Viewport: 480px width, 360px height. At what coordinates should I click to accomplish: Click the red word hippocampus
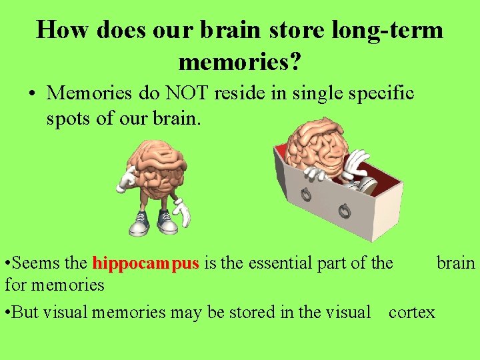tap(146, 264)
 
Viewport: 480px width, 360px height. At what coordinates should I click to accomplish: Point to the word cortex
tap(411, 312)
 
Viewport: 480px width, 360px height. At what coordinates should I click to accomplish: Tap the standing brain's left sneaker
tap(139, 224)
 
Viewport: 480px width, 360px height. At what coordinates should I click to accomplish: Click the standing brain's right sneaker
tap(167, 222)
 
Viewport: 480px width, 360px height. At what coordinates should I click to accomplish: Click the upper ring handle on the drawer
tap(306, 195)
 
